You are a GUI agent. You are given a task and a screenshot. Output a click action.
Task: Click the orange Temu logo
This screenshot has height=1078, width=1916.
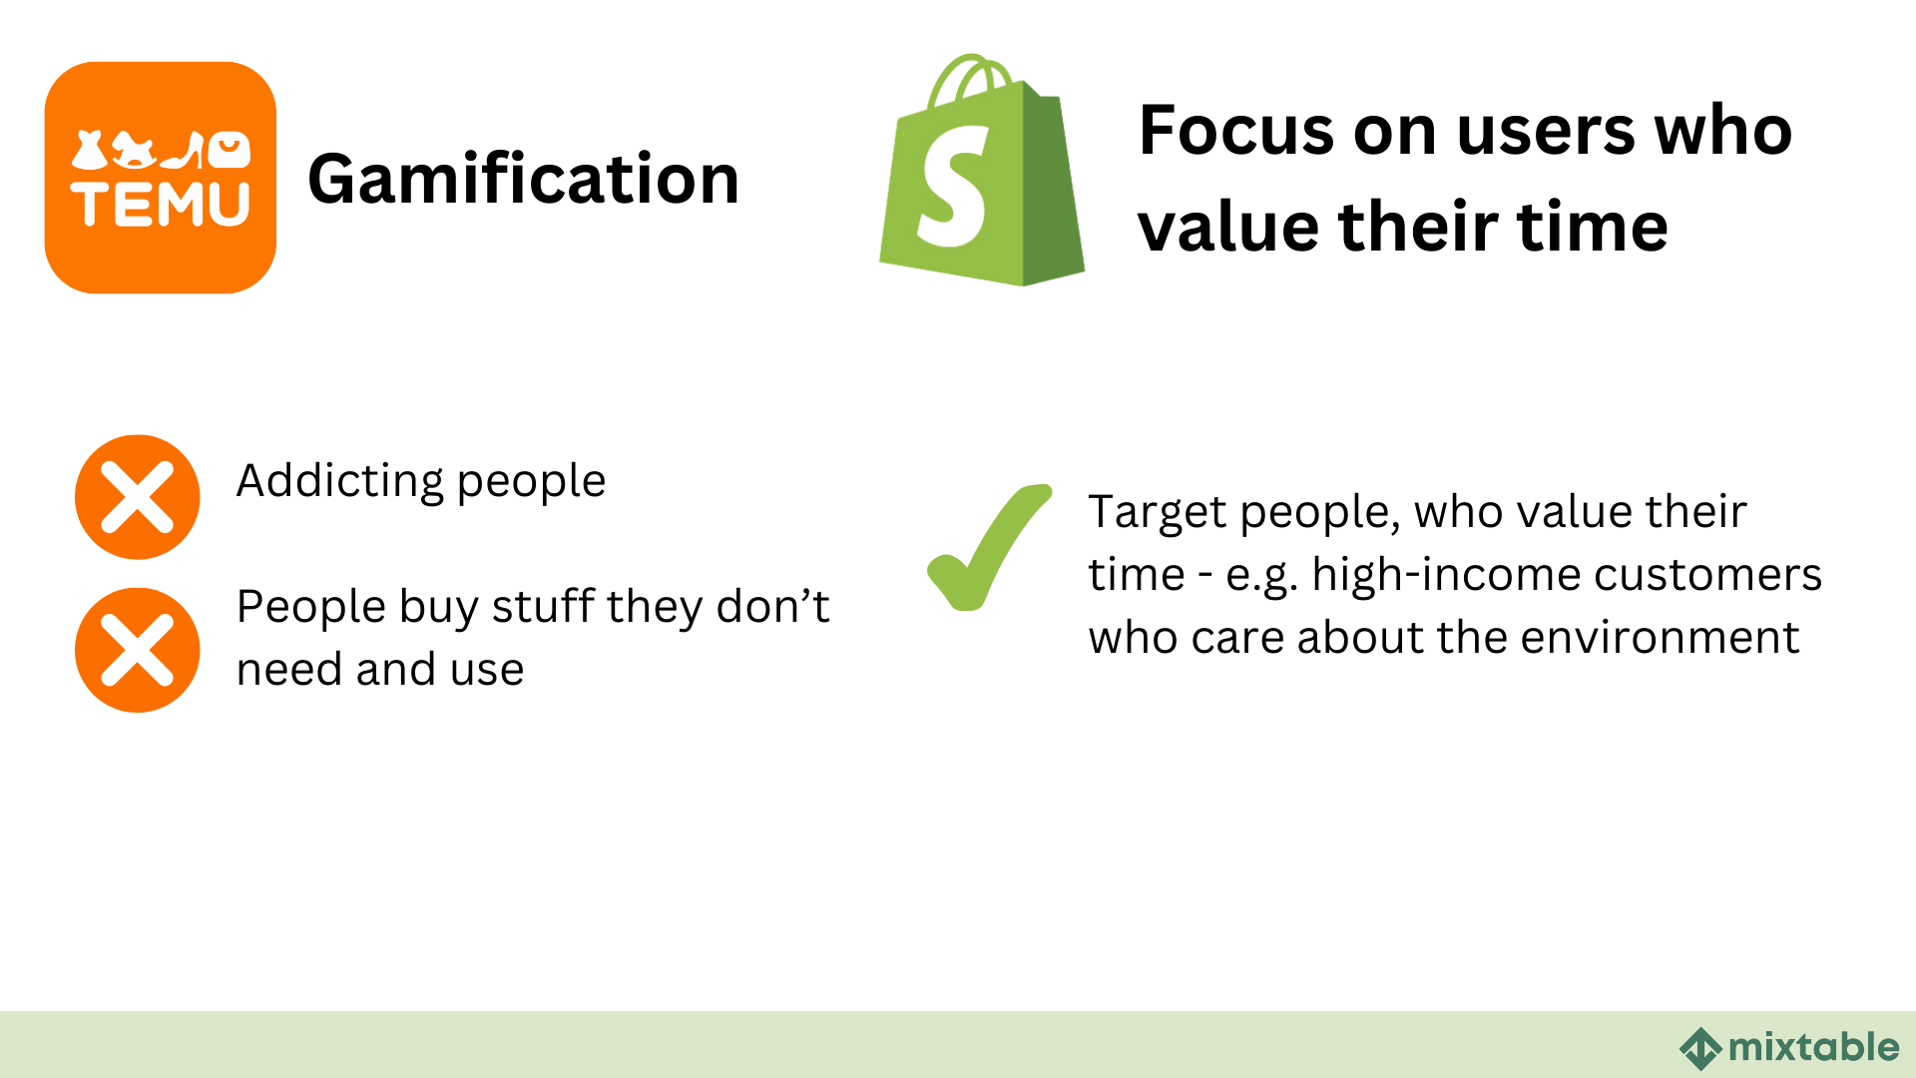click(160, 178)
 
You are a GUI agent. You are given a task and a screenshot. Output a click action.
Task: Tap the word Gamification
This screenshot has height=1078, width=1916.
click(523, 180)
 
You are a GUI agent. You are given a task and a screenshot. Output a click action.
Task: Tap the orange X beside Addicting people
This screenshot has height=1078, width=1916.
click(138, 497)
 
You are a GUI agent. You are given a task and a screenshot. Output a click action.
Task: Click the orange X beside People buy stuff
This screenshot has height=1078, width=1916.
click(138, 650)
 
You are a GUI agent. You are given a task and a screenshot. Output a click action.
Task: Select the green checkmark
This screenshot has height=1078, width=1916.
click(988, 547)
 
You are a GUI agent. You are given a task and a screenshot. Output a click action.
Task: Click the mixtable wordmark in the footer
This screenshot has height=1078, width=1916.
click(1813, 1047)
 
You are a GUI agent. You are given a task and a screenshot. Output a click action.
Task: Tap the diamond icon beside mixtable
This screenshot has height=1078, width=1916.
click(1700, 1049)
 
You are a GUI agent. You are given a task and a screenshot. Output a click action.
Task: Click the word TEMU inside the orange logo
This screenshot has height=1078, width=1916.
click(160, 205)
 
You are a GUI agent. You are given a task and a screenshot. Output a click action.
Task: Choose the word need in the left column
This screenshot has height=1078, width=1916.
click(289, 670)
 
